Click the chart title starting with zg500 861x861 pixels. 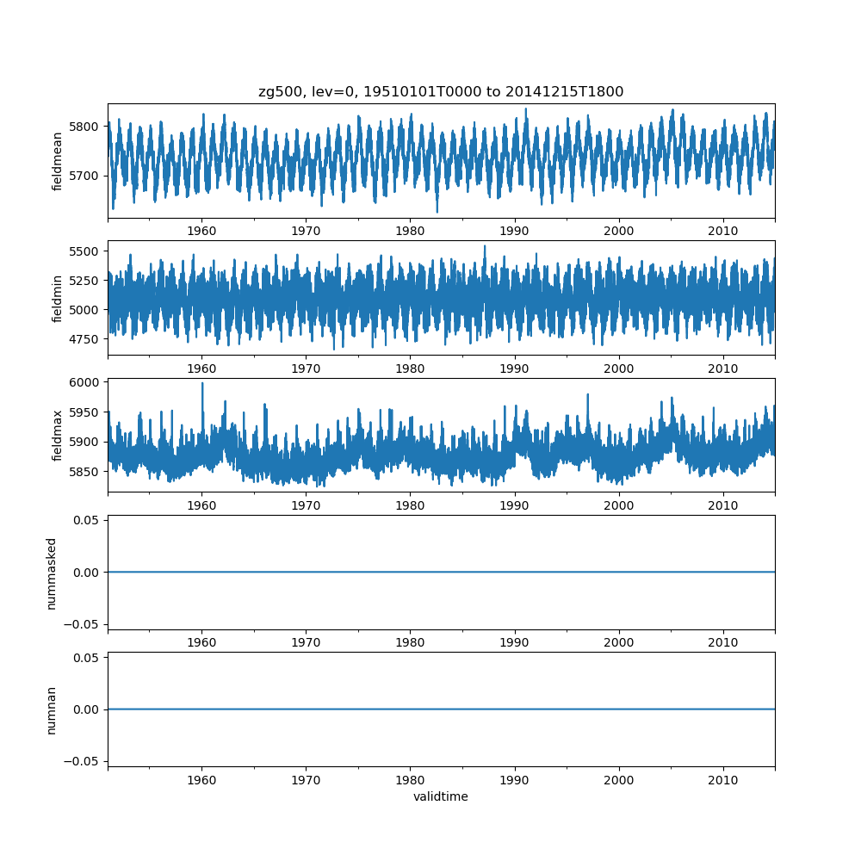click(441, 91)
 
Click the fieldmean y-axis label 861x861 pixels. click(57, 161)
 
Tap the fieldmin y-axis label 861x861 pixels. click(57, 298)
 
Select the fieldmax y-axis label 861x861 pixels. click(57, 435)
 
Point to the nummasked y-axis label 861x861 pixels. click(52, 573)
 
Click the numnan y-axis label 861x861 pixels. click(52, 709)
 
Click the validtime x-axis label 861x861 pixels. click(441, 796)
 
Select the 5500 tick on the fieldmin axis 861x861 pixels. click(87, 251)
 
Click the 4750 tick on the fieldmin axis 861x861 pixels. click(87, 339)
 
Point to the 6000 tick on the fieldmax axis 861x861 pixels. click(87, 382)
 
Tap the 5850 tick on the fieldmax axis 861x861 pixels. click(87, 472)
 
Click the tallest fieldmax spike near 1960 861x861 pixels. click(202, 384)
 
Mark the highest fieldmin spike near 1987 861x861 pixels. click(484, 247)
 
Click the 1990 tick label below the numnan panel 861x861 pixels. click(515, 780)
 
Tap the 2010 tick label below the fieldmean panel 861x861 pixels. click(723, 232)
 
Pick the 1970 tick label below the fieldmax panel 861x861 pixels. click(307, 505)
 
